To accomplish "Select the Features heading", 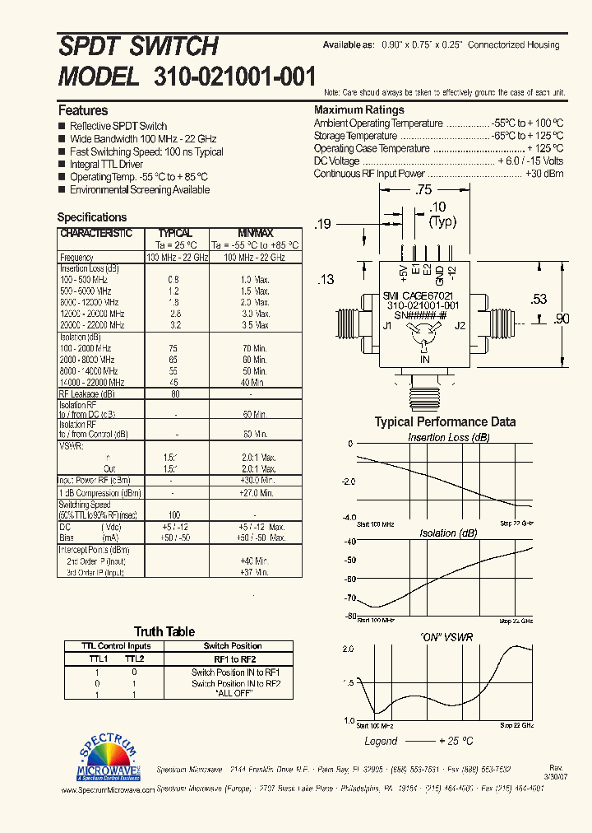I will point(83,110).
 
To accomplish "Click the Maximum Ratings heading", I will point(359,110).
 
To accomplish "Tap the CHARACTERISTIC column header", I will point(95,234).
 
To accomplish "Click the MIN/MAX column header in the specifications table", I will point(255,234).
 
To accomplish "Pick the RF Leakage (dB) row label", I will point(90,393).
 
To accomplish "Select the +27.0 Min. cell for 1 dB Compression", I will point(255,493).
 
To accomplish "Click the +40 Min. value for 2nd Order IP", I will point(255,561).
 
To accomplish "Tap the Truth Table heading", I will point(164,631).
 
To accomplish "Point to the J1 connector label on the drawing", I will point(387,325).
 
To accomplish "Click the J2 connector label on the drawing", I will point(460,325).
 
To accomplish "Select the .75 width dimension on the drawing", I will point(423,190).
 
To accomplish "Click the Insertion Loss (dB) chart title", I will point(449,438).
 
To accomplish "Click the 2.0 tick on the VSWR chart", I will point(348,649).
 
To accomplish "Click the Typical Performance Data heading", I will point(445,421).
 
